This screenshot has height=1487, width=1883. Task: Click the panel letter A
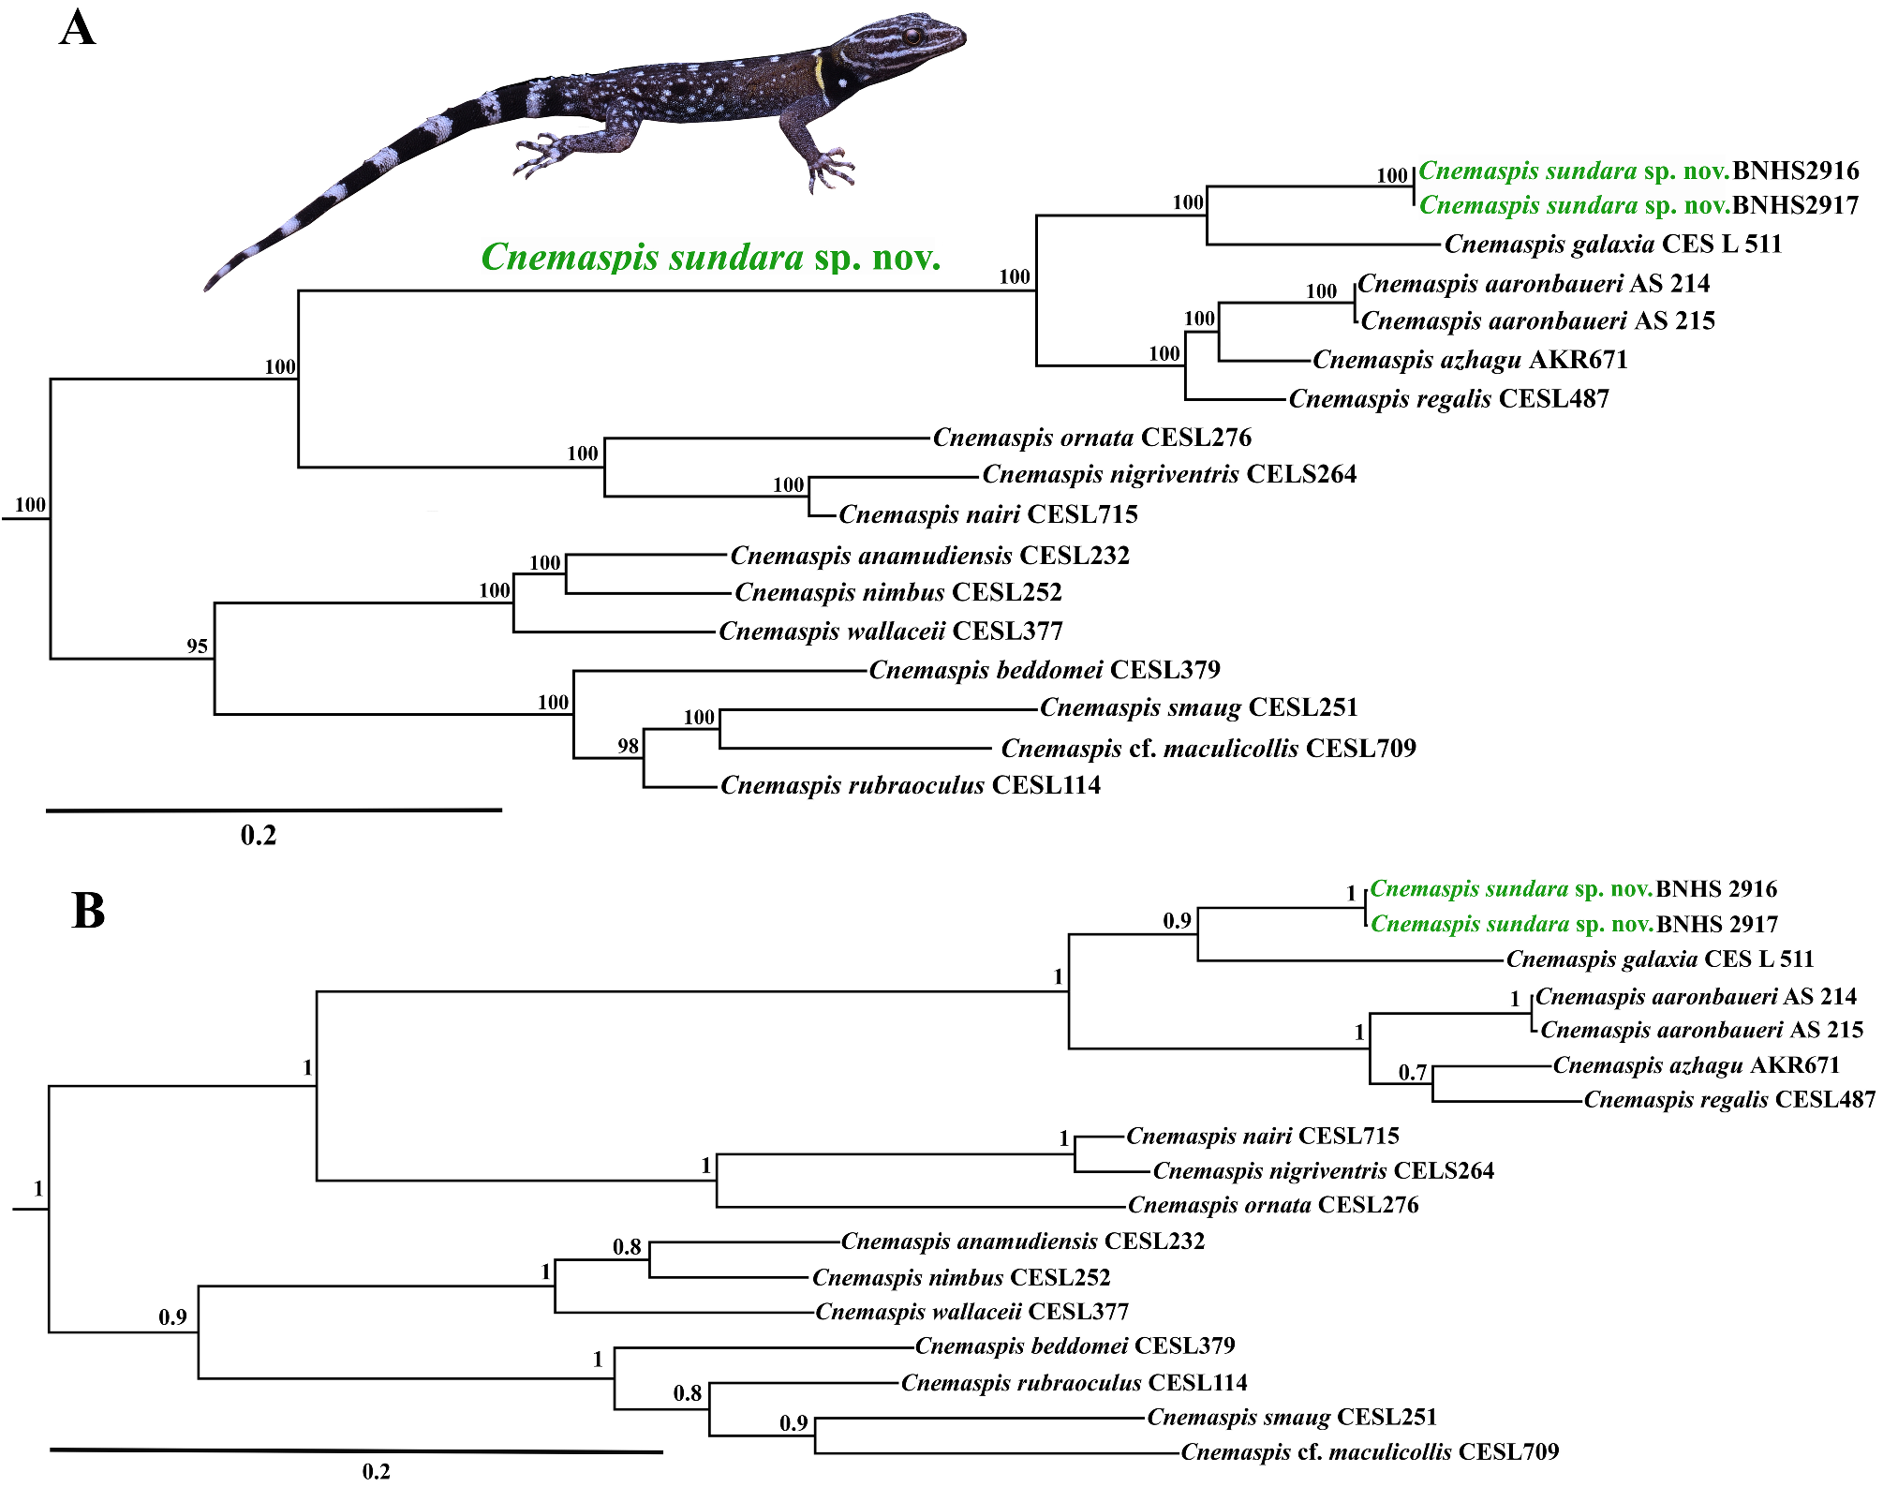[x=77, y=27]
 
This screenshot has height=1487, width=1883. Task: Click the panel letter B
[x=88, y=910]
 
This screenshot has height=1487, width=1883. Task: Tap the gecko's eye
[x=910, y=37]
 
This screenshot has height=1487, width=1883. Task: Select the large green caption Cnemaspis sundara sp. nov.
[x=710, y=257]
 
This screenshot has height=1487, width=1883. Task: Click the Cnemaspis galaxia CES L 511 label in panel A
[x=1612, y=245]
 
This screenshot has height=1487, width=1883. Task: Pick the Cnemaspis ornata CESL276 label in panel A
[x=1091, y=438]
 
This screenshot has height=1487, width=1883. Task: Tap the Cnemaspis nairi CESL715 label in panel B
[x=1262, y=1137]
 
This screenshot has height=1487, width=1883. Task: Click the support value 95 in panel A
[x=197, y=646]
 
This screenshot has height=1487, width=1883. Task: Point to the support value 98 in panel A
[x=628, y=746]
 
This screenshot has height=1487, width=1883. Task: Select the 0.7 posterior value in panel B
[x=1412, y=1072]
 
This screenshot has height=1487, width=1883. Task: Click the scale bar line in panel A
[x=274, y=810]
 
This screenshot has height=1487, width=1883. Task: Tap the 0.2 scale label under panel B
[x=376, y=1471]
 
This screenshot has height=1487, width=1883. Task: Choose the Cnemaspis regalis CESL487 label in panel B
[x=1728, y=1100]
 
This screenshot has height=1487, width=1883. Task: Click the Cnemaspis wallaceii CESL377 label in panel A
[x=890, y=632]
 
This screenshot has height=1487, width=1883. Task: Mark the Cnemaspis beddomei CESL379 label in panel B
[x=1075, y=1346]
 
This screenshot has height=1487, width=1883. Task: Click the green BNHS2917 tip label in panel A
[x=1638, y=205]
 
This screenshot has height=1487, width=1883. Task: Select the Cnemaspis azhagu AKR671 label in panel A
[x=1470, y=360]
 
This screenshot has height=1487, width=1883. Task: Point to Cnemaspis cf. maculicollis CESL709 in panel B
[x=1369, y=1452]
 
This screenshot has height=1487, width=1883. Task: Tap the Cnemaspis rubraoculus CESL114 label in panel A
[x=910, y=785]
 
